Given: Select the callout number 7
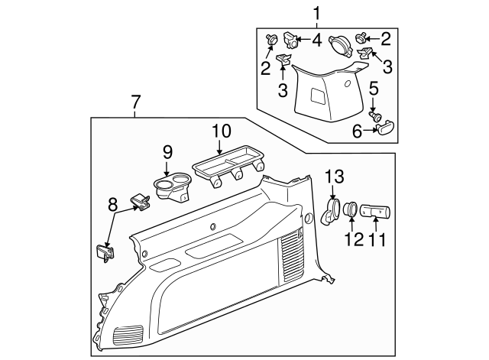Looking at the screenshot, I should pyautogui.click(x=135, y=101).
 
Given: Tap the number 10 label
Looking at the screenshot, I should pyautogui.click(x=220, y=130).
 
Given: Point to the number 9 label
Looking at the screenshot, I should pyautogui.click(x=168, y=152).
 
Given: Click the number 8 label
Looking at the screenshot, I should pyautogui.click(x=114, y=204).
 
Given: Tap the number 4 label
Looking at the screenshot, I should pyautogui.click(x=316, y=40).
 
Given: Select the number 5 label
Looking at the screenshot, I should pyautogui.click(x=374, y=88).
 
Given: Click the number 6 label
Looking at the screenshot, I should pyautogui.click(x=355, y=131).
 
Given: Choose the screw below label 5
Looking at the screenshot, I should pyautogui.click(x=375, y=116).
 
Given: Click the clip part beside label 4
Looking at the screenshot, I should pyautogui.click(x=290, y=38).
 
